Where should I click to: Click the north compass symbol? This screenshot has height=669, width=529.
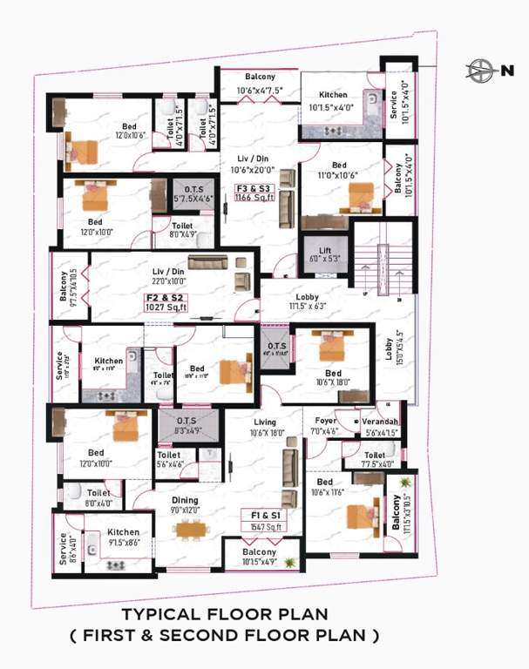point(480,70)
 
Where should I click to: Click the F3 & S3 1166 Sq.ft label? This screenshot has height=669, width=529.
point(254,193)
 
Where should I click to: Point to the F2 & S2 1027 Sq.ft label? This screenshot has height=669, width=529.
point(166,302)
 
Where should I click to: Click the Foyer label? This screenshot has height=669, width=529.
point(324,426)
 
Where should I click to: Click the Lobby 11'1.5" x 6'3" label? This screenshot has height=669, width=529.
point(307,301)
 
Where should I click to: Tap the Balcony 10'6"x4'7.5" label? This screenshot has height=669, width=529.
point(259,83)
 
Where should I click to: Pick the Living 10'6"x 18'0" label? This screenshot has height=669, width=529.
point(264,428)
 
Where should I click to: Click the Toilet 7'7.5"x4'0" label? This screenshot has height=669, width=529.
point(375,459)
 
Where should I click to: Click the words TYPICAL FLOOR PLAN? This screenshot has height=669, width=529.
point(224,615)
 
